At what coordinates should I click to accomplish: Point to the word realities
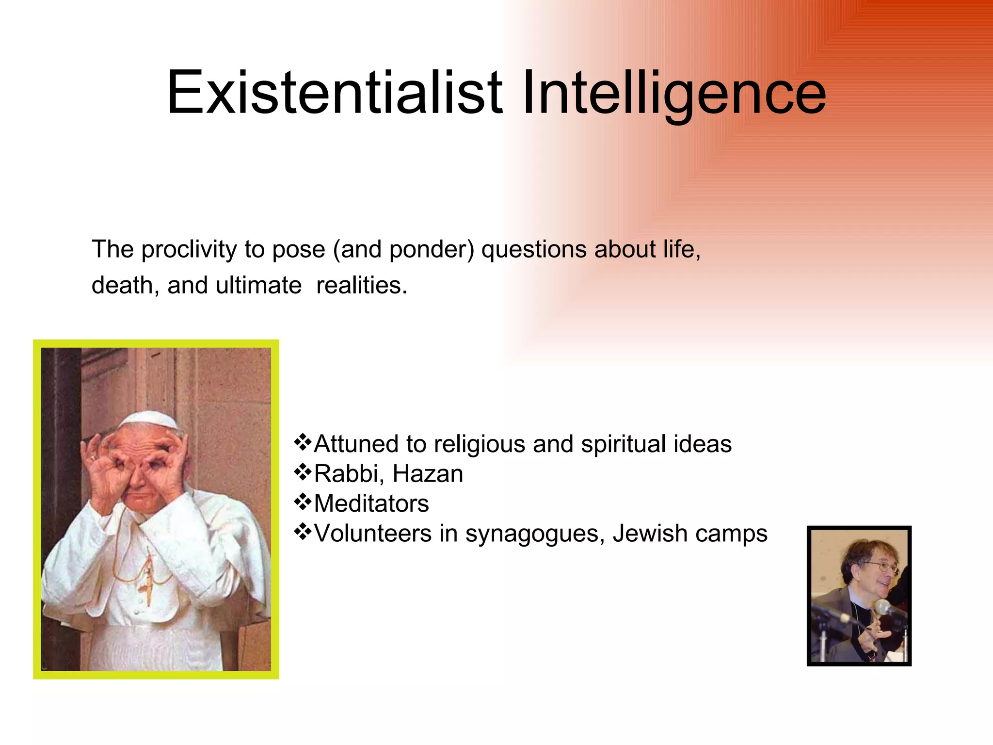pyautogui.click(x=361, y=285)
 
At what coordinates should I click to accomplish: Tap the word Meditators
pyautogui.click(x=371, y=503)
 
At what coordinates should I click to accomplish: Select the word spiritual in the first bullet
pyautogui.click(x=623, y=444)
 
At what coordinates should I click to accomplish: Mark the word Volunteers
pyautogui.click(x=372, y=534)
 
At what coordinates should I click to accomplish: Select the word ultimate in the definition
pyautogui.click(x=258, y=285)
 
